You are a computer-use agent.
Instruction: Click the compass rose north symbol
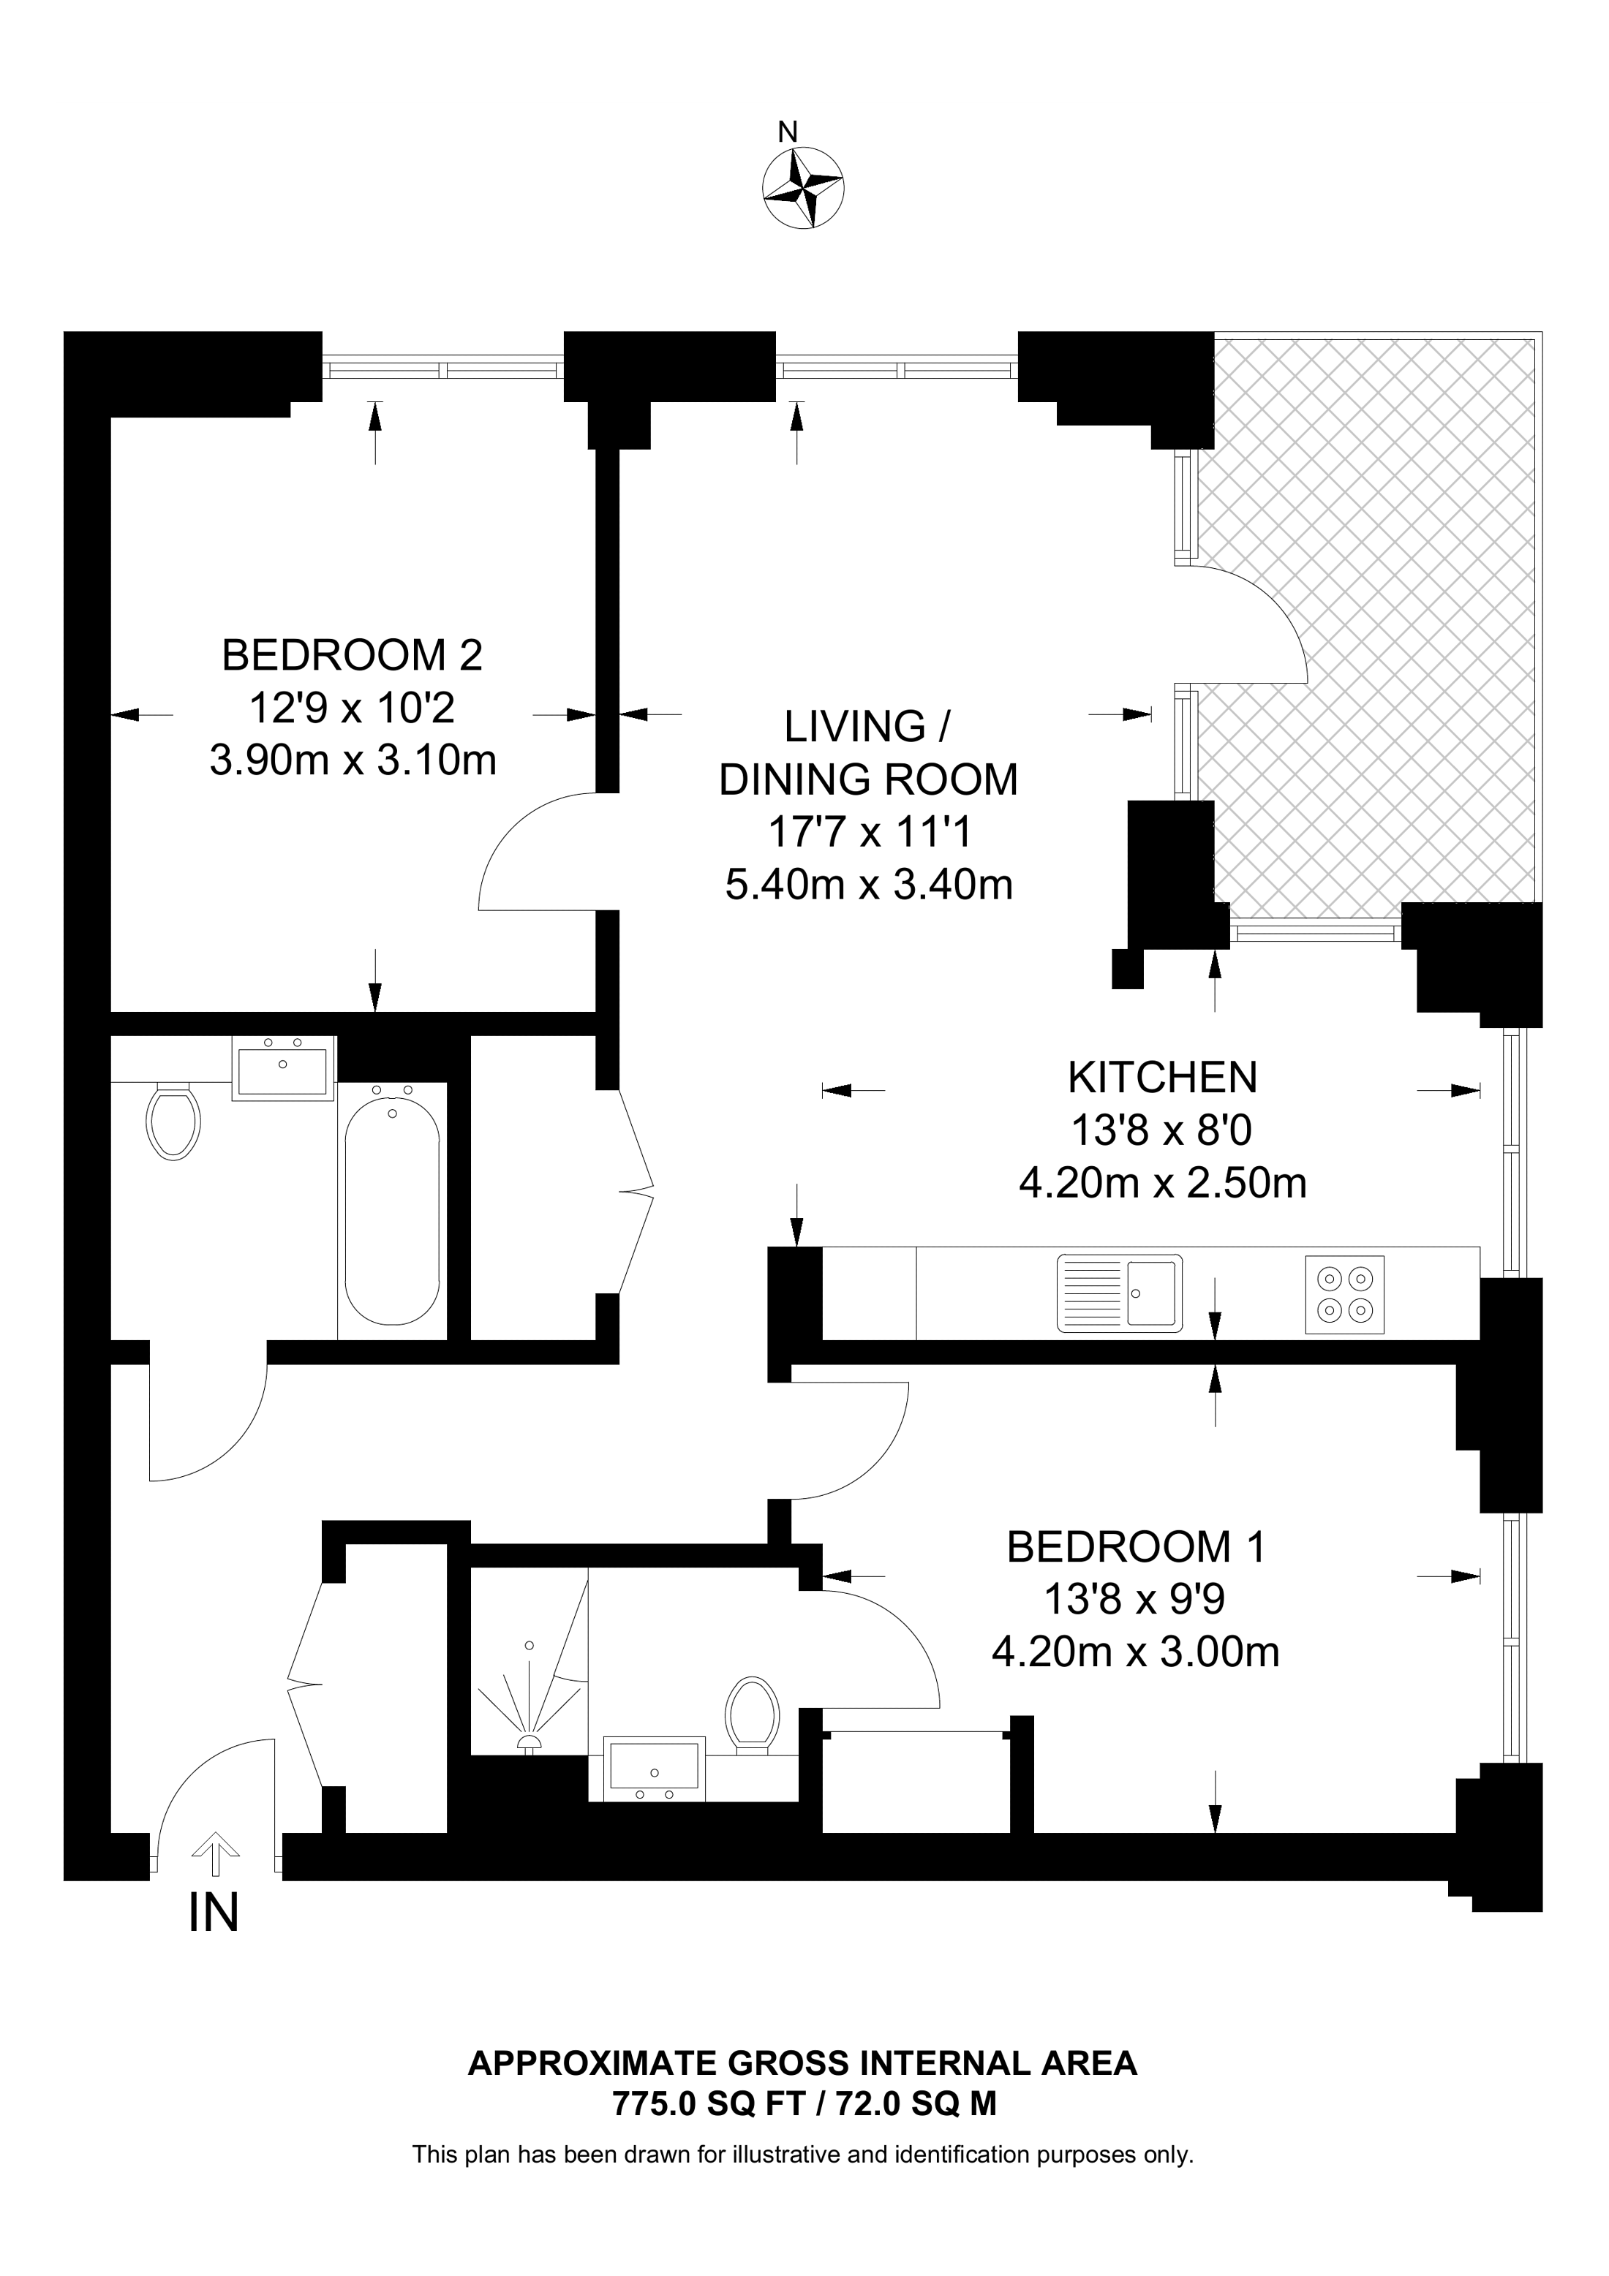(803, 186)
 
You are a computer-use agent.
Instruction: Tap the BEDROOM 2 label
(352, 655)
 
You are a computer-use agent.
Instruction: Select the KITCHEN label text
(1162, 1078)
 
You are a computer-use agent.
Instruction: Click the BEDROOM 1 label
(1136, 1547)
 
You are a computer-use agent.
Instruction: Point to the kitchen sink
(1119, 1293)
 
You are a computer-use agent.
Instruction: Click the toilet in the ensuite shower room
(753, 1715)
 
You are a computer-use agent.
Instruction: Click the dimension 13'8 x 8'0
(1162, 1130)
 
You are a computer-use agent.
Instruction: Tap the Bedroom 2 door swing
(525, 852)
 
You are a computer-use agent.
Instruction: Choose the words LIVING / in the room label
(867, 727)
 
